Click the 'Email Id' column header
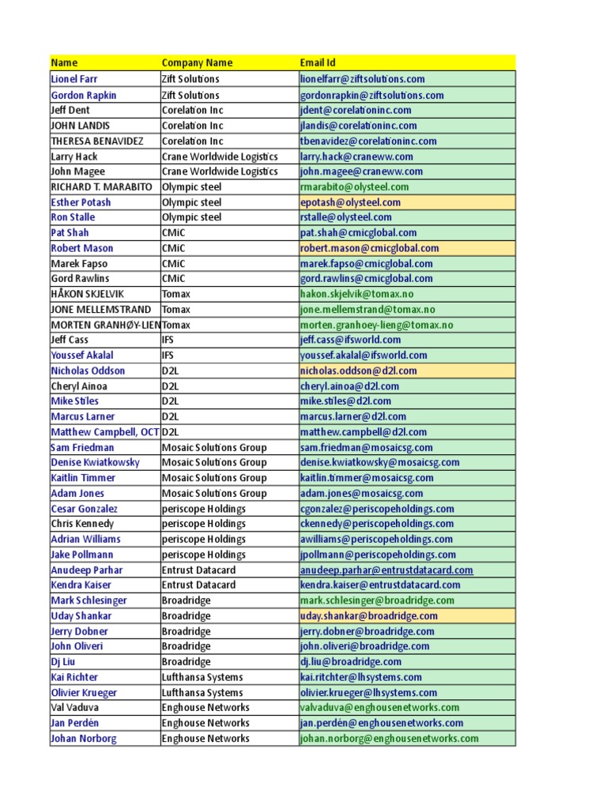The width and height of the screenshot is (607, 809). [318, 62]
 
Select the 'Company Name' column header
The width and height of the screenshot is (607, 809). [197, 62]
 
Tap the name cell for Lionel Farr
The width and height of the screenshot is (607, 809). [74, 79]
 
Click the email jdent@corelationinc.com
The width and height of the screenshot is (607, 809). [356, 110]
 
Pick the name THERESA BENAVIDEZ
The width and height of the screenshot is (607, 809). [97, 141]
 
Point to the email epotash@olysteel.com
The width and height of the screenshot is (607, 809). [350, 202]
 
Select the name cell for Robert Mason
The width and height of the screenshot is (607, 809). [81, 248]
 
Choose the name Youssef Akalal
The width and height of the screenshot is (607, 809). [82, 356]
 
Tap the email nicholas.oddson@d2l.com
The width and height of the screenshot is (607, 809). [358, 371]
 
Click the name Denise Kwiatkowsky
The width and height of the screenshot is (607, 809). [95, 462]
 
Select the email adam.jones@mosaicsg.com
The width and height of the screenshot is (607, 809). [361, 493]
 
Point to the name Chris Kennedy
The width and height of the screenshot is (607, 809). [82, 524]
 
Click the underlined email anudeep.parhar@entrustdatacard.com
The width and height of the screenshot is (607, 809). [386, 570]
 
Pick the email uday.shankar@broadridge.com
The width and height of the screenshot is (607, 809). [368, 616]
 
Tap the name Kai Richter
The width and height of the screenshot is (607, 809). [74, 677]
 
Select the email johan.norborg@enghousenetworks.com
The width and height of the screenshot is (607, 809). [389, 739]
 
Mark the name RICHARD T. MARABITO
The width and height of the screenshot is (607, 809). [103, 186]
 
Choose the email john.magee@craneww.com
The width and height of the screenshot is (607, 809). [361, 171]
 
